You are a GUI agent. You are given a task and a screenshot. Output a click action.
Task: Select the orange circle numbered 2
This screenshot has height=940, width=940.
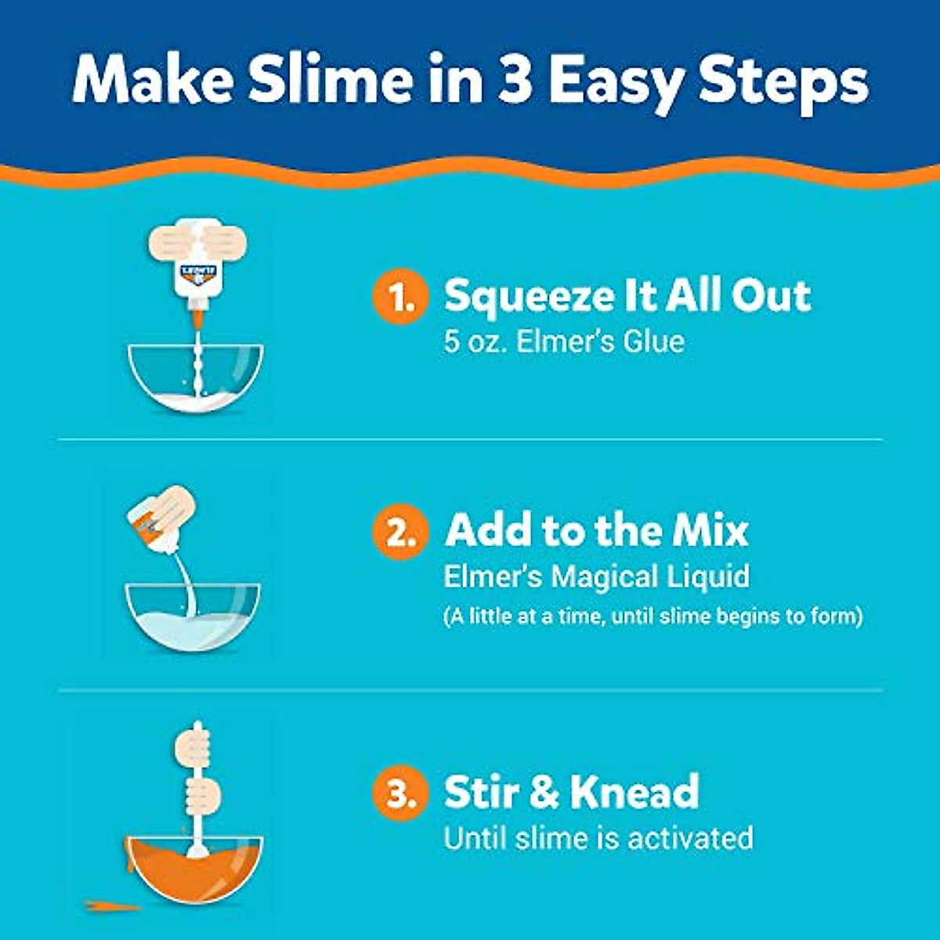(x=400, y=533)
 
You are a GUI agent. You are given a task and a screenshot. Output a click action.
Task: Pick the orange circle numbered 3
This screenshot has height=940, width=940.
(x=400, y=794)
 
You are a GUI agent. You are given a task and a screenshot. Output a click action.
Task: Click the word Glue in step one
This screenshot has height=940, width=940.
(x=653, y=342)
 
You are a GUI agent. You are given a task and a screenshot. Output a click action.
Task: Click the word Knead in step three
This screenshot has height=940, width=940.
(x=634, y=791)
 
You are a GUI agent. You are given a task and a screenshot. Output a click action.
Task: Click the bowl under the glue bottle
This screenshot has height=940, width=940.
(x=196, y=380)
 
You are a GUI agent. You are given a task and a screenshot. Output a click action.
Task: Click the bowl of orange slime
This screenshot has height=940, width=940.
(x=194, y=869)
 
